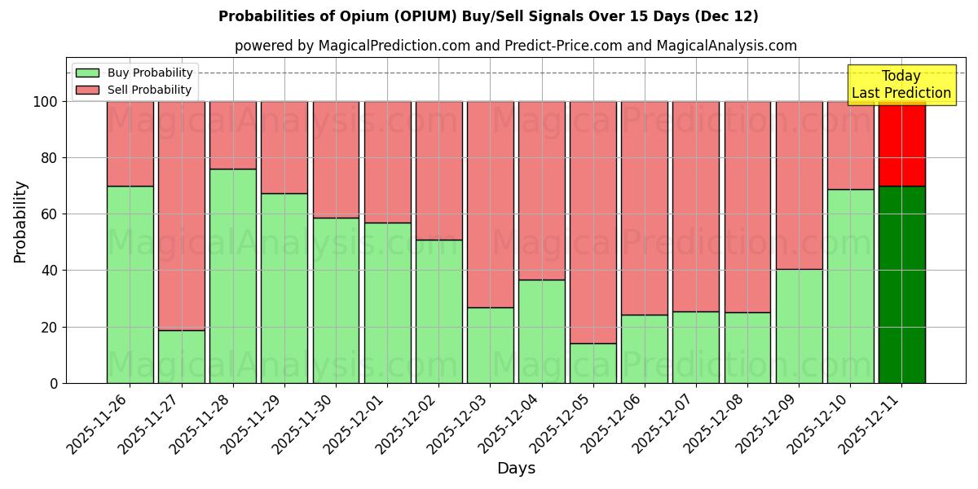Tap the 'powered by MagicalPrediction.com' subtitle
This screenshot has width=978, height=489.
[515, 46]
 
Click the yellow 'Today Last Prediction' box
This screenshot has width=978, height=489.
[901, 85]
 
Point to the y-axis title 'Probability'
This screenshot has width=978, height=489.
[20, 222]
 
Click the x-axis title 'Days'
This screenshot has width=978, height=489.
[516, 469]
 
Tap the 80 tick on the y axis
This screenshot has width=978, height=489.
[50, 158]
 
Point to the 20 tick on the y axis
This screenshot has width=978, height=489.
[50, 327]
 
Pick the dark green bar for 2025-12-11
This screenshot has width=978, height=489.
[901, 284]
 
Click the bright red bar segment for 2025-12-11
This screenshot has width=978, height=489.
[901, 143]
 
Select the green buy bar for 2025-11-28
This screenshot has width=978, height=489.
[233, 275]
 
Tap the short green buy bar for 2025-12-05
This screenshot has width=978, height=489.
[593, 363]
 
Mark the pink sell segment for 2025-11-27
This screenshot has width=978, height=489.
[182, 216]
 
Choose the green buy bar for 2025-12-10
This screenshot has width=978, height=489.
[850, 286]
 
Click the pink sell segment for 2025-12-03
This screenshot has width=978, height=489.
[490, 204]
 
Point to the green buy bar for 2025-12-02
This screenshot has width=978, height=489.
[438, 311]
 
